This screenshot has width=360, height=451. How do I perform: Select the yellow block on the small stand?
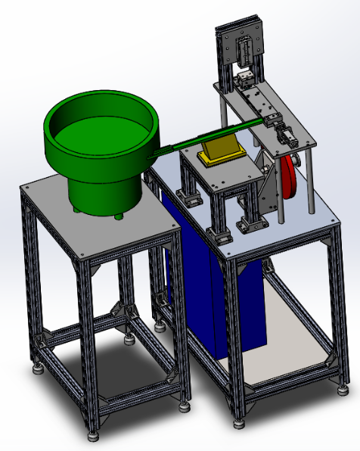tap(219, 151)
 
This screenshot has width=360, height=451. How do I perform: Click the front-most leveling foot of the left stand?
tap(92, 435)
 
